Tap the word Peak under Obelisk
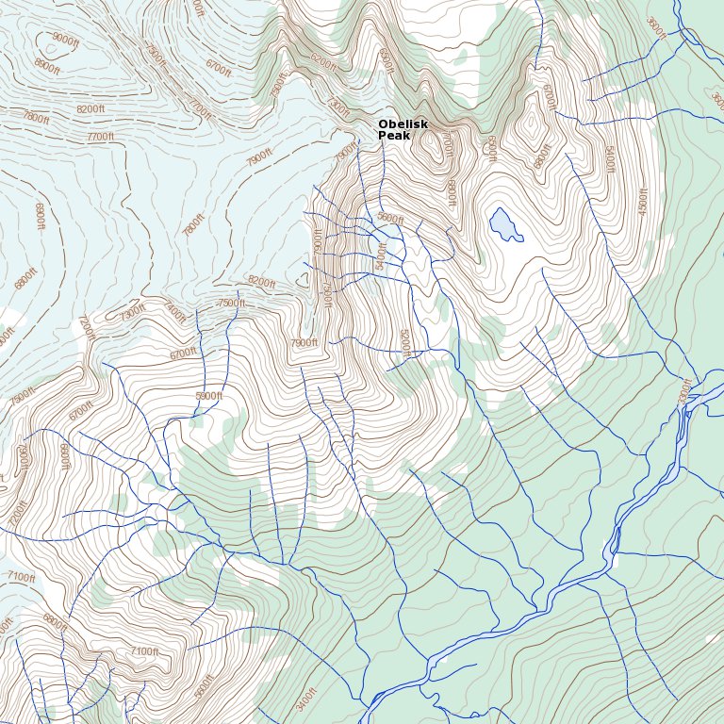(x=394, y=136)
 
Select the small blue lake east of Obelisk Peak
(x=504, y=224)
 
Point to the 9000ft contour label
(x=65, y=39)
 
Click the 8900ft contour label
(x=47, y=66)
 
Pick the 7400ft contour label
(x=175, y=310)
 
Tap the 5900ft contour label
(x=208, y=396)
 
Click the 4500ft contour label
(x=644, y=199)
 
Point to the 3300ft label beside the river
(x=685, y=390)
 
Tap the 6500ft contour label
(x=489, y=147)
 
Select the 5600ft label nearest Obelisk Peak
(x=389, y=219)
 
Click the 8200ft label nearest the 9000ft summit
(x=90, y=109)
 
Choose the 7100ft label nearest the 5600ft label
(x=144, y=651)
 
